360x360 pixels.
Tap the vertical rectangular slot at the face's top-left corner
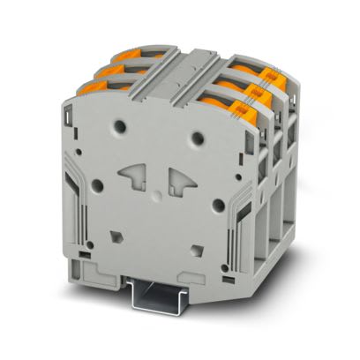tap(67, 116)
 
